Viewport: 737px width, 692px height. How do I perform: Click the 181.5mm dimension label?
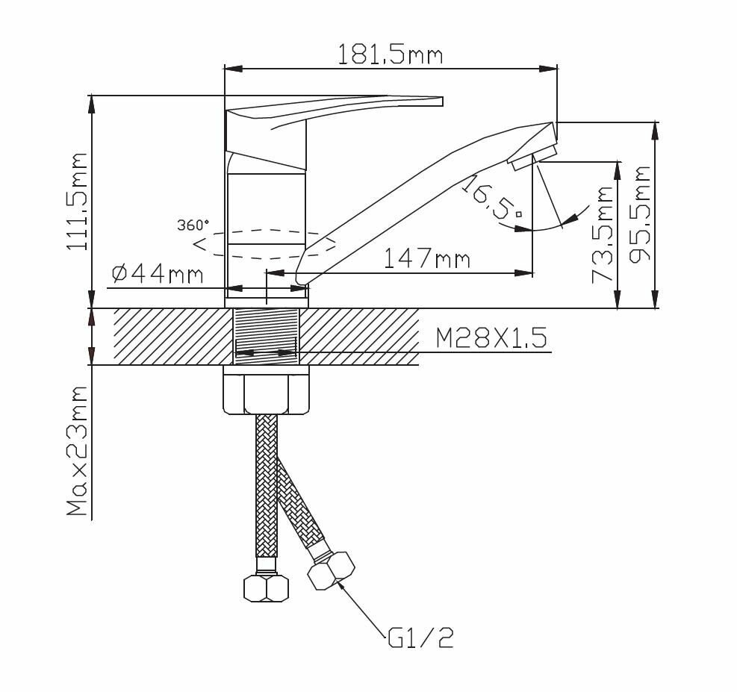click(x=390, y=55)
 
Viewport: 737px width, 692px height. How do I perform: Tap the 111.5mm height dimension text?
click(x=78, y=202)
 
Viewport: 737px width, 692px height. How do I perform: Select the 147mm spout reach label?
click(x=427, y=258)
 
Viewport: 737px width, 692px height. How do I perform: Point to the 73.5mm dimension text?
click(x=603, y=234)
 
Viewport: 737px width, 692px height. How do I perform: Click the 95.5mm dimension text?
click(x=640, y=214)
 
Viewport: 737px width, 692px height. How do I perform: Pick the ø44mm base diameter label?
click(x=158, y=274)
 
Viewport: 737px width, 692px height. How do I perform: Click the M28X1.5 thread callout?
click(x=491, y=337)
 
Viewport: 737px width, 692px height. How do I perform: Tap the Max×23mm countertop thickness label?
click(x=77, y=452)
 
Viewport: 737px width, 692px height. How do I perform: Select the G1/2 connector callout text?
click(x=420, y=638)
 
